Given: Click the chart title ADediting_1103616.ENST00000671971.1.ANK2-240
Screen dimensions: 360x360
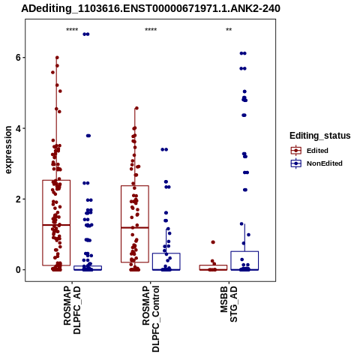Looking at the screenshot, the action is [151, 9].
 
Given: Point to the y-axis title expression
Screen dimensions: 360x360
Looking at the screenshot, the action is [8, 150].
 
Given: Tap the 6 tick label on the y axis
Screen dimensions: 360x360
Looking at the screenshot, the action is [18, 58].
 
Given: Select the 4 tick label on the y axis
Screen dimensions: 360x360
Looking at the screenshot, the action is [18, 128].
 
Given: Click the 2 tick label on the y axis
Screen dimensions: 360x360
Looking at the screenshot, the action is [18, 199].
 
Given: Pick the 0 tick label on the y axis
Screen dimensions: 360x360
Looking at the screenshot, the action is [18, 270].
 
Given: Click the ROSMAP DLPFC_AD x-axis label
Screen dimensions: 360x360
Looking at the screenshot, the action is [72, 310].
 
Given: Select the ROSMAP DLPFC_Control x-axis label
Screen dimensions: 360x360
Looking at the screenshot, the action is [151, 319].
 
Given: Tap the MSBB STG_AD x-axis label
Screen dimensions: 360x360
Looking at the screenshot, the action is [229, 304].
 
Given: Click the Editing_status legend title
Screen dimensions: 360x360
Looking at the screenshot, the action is [320, 136].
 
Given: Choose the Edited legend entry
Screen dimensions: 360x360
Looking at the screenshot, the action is [310, 151].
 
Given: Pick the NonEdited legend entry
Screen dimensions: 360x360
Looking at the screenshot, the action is [316, 163].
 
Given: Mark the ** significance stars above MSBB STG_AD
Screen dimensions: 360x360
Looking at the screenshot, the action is [229, 30].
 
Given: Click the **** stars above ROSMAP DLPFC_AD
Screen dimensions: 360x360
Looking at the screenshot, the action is [72, 30].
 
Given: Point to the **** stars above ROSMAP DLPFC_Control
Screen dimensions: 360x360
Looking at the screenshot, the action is [151, 30].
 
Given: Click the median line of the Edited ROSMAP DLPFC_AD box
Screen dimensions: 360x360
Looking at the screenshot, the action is [56, 225].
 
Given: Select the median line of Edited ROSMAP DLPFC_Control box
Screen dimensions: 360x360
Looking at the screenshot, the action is [135, 227].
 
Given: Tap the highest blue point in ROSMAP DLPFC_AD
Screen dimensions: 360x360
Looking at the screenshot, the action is [86, 34].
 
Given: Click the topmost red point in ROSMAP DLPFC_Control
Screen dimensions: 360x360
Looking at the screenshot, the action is [136, 108].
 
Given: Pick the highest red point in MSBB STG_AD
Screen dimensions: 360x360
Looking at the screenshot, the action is [213, 242].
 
